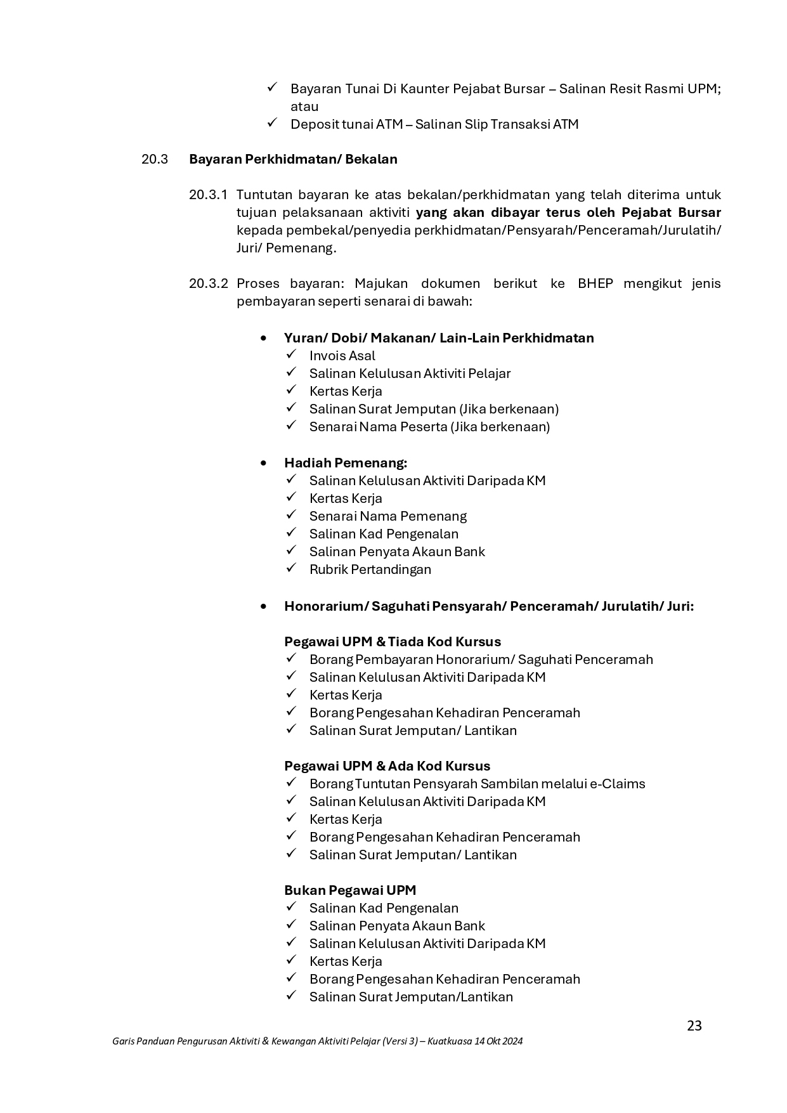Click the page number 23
click(694, 1025)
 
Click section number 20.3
click(155, 159)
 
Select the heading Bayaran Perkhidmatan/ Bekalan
click(293, 159)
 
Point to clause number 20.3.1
click(208, 195)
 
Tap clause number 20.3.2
click(208, 283)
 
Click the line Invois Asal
click(342, 356)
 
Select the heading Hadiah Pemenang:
click(346, 463)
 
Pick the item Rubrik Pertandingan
click(370, 570)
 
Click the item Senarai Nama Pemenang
click(387, 516)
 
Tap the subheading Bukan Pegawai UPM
click(350, 890)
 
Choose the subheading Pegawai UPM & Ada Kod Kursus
click(387, 766)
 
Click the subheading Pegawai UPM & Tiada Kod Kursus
click(392, 642)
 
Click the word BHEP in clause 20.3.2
click(595, 283)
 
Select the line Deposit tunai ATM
click(434, 124)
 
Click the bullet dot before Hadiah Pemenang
click(264, 464)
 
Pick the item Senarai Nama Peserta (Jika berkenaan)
click(429, 427)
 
